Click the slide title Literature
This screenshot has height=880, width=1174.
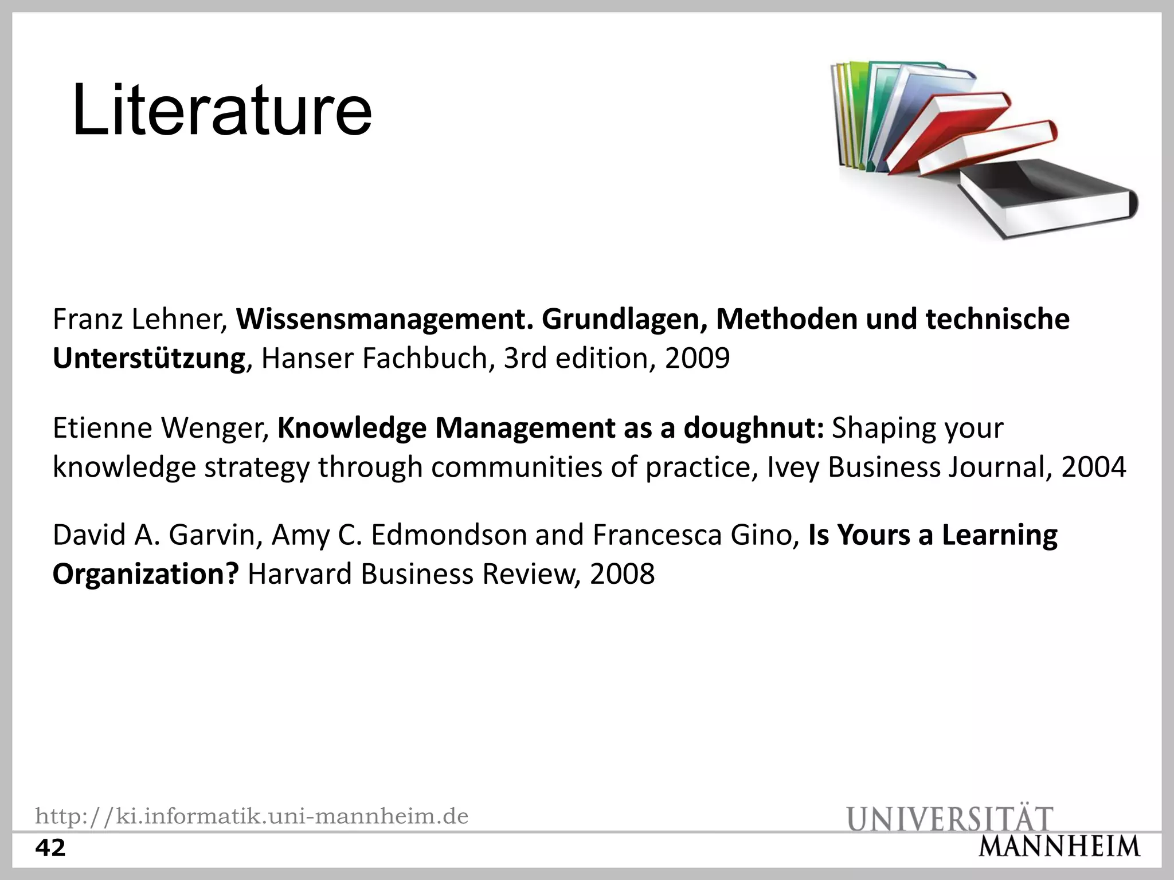pos(222,110)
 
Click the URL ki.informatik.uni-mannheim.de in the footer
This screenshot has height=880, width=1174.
pos(252,816)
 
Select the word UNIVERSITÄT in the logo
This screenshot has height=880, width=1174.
pos(950,818)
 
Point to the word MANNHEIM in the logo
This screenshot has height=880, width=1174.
pos(1059,847)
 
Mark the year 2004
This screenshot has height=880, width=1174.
pos(1093,467)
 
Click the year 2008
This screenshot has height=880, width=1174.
pos(622,575)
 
